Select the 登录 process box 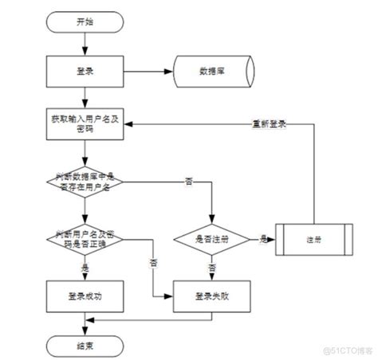(85, 71)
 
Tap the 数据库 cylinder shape (211, 71)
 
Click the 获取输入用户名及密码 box (85, 124)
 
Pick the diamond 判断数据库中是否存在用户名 (85, 182)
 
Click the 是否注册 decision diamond (212, 238)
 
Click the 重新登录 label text (269, 124)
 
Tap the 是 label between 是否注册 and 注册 (261, 237)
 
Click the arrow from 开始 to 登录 (85, 45)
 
